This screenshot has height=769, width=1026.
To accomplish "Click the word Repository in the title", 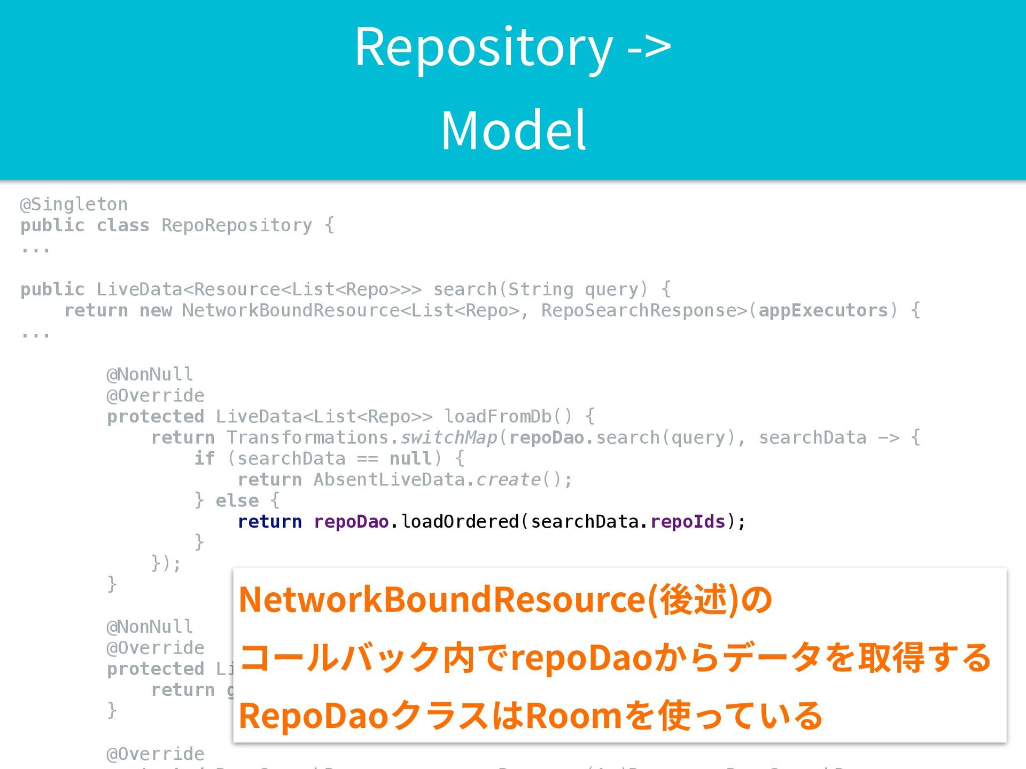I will [x=484, y=48].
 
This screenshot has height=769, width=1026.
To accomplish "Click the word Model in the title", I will [x=513, y=130].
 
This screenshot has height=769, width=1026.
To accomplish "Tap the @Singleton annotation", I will [x=74, y=205].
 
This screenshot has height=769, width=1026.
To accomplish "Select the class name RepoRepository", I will [x=237, y=225].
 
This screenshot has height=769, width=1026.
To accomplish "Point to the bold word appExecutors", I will [x=823, y=310].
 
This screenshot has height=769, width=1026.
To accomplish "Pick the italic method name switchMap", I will [x=449, y=438].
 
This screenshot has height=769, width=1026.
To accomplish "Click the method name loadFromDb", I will [x=498, y=417].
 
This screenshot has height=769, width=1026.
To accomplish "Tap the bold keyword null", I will [x=410, y=459].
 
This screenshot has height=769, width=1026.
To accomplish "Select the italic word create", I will [x=508, y=480].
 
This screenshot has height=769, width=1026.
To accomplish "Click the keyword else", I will [x=237, y=501].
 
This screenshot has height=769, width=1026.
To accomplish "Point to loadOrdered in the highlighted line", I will [x=460, y=522].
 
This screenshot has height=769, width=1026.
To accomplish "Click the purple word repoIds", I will [x=688, y=522].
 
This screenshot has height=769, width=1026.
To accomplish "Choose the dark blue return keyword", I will [x=269, y=522].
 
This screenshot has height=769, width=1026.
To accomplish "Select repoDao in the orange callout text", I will [x=582, y=658].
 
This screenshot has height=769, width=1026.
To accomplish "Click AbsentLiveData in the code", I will [x=389, y=480].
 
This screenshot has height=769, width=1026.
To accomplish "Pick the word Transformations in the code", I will [x=307, y=438].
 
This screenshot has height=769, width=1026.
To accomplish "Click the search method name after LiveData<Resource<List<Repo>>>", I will [x=465, y=289].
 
